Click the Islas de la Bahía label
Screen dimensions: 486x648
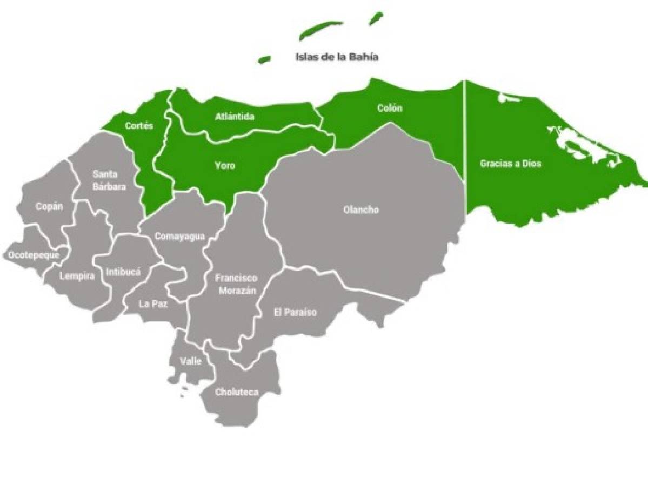[336, 57]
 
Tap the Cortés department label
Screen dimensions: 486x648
[139, 126]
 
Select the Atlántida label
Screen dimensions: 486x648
[235, 117]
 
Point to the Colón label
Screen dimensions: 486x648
[390, 108]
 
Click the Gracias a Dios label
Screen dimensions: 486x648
[510, 164]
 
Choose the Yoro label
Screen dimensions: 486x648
[225, 166]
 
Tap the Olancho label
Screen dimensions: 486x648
[361, 210]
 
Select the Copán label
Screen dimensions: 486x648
[49, 206]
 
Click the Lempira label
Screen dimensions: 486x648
[77, 276]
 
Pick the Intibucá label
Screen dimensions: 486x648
[123, 272]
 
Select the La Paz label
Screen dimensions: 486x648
[153, 303]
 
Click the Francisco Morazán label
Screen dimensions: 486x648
[236, 284]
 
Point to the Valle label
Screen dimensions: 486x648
[191, 361]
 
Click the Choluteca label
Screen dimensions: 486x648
[237, 392]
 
